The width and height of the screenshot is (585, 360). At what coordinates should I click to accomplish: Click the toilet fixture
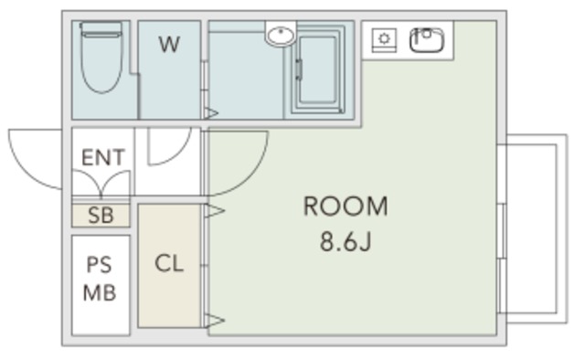point(101,57)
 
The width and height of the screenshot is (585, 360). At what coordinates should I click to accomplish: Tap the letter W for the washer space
point(169,44)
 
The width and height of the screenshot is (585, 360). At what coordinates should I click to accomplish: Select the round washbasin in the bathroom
point(281,36)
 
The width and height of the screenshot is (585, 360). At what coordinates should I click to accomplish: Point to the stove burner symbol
point(384,39)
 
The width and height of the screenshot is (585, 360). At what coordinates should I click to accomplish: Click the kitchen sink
point(427,39)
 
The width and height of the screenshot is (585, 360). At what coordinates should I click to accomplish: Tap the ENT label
point(103,157)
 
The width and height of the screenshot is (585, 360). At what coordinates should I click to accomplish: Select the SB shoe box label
point(101,216)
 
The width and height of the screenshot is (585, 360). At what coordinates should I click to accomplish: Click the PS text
point(100,265)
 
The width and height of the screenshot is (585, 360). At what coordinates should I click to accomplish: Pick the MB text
point(100,292)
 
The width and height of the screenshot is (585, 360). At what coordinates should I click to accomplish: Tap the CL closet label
point(169,263)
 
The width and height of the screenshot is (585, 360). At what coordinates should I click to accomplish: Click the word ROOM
point(346,206)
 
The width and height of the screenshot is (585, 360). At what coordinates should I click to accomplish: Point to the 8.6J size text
point(346,241)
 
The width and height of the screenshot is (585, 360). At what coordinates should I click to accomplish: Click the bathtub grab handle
point(299,69)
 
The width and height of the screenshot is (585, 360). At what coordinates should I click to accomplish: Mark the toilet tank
point(101,29)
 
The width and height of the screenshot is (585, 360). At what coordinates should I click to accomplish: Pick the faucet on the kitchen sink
point(426,33)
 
